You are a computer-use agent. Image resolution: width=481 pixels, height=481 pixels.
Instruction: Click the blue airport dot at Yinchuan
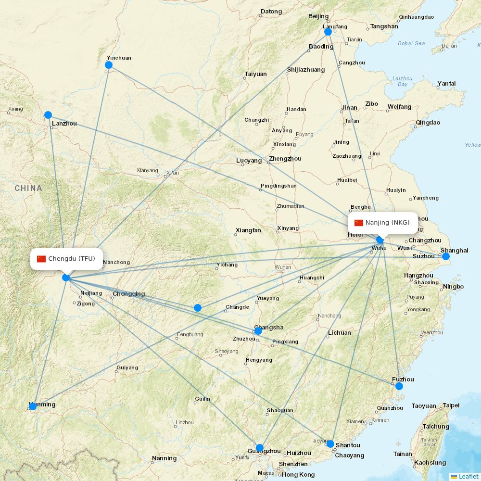click(109, 65)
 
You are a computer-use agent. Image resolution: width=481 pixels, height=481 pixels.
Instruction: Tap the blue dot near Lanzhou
click(48, 115)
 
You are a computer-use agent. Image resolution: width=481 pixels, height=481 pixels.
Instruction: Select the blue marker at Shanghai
click(446, 256)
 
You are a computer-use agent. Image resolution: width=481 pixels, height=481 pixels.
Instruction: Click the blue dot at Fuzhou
click(399, 386)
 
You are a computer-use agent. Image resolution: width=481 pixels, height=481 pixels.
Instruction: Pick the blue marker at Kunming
click(33, 406)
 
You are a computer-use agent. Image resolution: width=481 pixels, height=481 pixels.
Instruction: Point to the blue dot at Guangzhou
click(260, 448)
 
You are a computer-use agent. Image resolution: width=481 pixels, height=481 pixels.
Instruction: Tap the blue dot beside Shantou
click(330, 443)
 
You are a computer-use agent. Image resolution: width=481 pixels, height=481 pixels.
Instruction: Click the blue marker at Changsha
click(258, 331)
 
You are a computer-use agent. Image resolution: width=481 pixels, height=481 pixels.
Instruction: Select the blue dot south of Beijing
click(328, 32)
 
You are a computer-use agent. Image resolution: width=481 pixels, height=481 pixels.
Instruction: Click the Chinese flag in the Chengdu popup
click(41, 259)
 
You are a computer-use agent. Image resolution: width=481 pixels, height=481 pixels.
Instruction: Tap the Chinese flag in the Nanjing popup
click(359, 223)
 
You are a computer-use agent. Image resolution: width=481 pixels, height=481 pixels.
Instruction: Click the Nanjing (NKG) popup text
click(387, 223)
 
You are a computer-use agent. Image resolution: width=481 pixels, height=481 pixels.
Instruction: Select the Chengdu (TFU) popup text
click(71, 259)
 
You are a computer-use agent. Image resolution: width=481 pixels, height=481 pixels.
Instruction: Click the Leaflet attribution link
click(468, 476)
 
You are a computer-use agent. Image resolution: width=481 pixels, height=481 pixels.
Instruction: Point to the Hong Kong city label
click(298, 475)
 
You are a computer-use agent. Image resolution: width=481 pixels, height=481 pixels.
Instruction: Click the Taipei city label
click(451, 405)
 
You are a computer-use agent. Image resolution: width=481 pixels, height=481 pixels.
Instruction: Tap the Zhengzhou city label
click(285, 159)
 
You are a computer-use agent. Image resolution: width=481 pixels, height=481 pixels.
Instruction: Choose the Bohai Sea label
click(411, 43)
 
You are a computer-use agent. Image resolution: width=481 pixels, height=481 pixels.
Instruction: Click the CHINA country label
click(28, 188)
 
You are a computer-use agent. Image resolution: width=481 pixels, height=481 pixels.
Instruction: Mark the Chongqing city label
click(128, 294)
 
